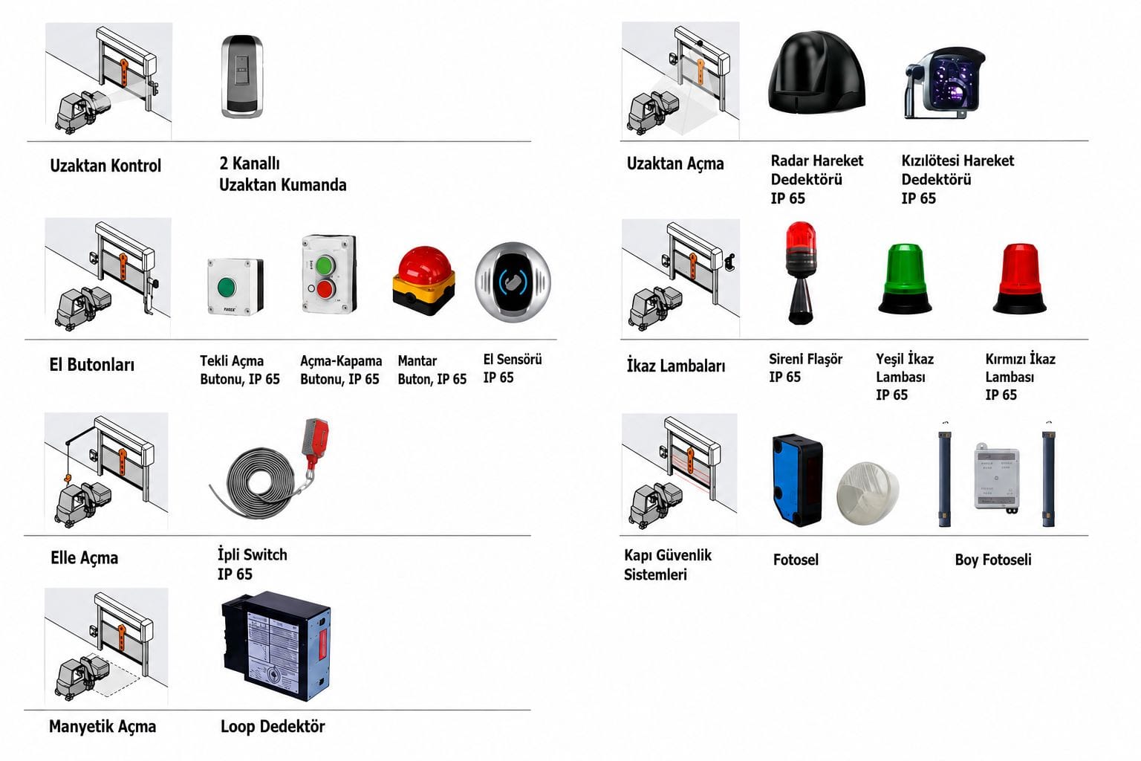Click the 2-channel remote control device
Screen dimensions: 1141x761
(x=242, y=77)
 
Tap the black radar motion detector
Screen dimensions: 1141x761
(x=816, y=72)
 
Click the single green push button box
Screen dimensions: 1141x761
(x=235, y=286)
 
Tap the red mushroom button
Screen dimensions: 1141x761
(x=424, y=281)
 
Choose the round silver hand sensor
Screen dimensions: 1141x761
(x=513, y=282)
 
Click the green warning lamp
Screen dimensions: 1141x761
(x=906, y=278)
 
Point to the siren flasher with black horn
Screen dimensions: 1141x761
(x=800, y=273)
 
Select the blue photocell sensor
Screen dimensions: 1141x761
(x=797, y=479)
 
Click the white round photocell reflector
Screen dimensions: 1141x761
(x=868, y=493)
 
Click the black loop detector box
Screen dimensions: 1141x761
(x=276, y=645)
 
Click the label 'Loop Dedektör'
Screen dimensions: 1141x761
(x=273, y=726)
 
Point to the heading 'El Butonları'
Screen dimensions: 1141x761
(x=91, y=364)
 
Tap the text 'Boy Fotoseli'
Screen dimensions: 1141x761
(x=992, y=560)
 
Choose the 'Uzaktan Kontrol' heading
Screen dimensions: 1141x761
(x=105, y=165)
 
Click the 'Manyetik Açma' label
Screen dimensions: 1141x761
(x=103, y=726)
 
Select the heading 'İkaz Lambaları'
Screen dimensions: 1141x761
(x=675, y=365)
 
